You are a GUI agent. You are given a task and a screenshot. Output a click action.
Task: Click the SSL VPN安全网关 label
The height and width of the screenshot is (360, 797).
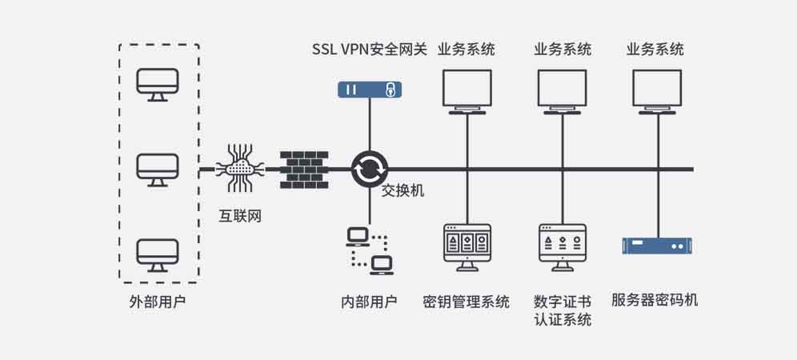tap(370, 50)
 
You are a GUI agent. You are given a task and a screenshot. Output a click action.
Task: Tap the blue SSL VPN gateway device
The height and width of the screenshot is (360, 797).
tap(369, 89)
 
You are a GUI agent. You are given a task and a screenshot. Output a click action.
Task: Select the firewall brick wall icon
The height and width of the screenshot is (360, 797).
tap(304, 169)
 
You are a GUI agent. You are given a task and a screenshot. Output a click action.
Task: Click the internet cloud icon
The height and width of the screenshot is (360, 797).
tap(240, 168)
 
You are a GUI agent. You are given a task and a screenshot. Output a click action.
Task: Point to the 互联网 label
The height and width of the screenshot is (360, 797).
tap(240, 216)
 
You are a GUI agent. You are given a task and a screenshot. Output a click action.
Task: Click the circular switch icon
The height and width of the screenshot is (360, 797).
tap(370, 169)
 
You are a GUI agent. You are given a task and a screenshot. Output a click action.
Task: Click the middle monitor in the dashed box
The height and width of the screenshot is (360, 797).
tap(158, 169)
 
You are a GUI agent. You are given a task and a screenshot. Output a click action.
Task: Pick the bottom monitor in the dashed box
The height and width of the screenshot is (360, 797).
tap(158, 254)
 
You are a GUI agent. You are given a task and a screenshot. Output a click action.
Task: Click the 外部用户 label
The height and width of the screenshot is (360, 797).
tap(158, 302)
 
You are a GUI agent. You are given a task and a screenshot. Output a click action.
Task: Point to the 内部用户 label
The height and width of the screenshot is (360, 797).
tap(369, 302)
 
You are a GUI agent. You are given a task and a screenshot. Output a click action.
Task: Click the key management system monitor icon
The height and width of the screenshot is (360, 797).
tap(467, 245)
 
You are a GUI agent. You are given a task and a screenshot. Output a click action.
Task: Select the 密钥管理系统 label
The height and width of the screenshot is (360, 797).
tap(467, 302)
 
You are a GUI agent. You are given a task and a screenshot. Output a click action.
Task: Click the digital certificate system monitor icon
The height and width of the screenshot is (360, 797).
tap(563, 245)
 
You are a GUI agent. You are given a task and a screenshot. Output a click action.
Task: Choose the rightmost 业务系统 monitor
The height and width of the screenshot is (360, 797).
tap(657, 90)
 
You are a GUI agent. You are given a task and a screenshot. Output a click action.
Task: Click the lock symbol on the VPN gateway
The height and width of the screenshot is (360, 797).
tap(390, 89)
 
